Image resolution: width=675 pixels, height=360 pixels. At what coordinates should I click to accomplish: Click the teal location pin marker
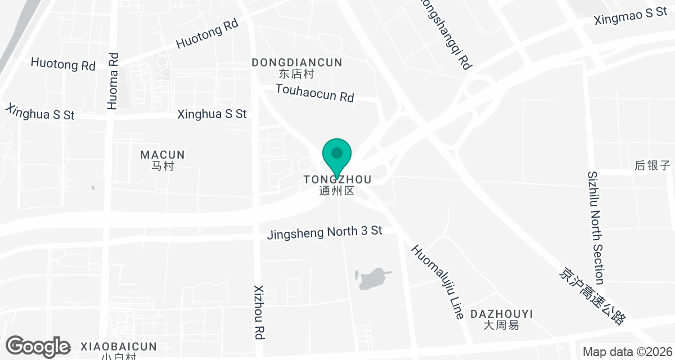[337, 155]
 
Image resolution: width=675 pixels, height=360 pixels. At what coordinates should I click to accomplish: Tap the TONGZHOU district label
[337, 180]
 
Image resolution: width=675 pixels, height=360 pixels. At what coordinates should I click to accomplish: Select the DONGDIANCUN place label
[297, 62]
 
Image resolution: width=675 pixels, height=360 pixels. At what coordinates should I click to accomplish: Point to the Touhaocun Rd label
[314, 93]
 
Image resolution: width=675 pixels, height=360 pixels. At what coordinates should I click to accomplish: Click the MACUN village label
[163, 155]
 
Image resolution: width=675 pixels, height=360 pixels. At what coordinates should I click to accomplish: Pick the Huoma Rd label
[113, 80]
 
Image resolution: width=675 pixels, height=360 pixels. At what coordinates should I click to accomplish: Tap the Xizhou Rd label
[259, 310]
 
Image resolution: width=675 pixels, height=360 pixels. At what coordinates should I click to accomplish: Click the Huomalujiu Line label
[437, 282]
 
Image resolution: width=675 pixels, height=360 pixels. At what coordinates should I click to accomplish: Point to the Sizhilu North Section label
[596, 228]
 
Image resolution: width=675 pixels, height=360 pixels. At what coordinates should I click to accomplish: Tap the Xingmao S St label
[631, 16]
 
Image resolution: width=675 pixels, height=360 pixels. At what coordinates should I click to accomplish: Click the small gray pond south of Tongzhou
[371, 279]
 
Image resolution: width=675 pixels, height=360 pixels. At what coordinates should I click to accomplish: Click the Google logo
[38, 346]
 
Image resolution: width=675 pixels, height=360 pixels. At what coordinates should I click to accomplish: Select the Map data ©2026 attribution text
[627, 352]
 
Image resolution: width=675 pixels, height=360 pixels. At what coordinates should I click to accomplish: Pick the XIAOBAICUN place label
[119, 346]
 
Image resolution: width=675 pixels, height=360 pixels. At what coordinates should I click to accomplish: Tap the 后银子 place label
[652, 165]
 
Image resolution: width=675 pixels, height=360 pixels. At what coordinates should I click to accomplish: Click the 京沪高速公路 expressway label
[592, 296]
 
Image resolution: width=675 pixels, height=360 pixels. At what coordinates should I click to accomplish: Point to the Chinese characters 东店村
[296, 74]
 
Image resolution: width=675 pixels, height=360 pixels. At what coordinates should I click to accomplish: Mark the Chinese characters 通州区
[336, 191]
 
